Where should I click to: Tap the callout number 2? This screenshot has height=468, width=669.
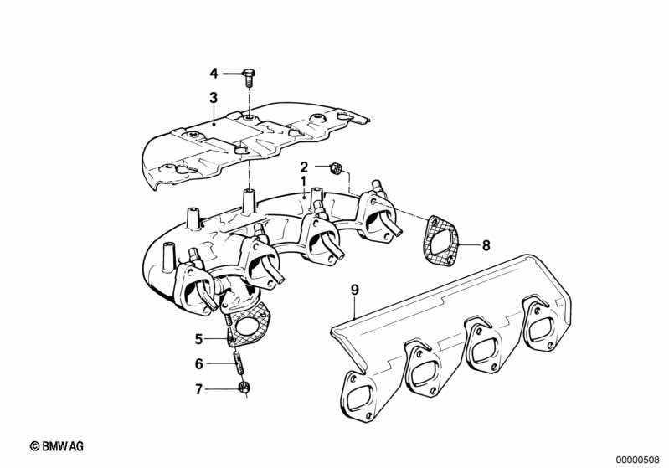click(305, 167)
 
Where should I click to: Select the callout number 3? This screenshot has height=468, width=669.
click(214, 98)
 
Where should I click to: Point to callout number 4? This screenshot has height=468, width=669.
click(214, 72)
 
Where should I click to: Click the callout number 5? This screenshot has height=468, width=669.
click(198, 339)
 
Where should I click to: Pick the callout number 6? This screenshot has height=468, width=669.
click(198, 364)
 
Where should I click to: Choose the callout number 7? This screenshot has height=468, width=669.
click(198, 388)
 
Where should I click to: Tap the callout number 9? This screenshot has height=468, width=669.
click(354, 291)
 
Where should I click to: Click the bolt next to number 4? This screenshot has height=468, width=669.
click(249, 78)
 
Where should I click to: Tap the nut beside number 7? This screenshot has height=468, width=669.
click(244, 388)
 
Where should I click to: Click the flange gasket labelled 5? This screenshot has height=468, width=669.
click(248, 329)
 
